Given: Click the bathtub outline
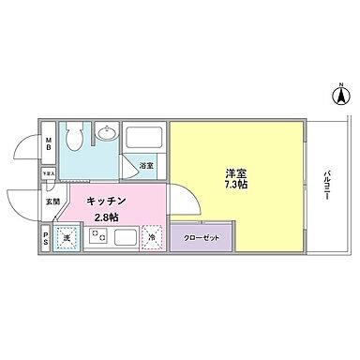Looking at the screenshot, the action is (x=145, y=142).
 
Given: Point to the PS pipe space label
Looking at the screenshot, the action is (x=46, y=238).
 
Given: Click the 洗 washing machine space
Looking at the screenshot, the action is (x=67, y=238).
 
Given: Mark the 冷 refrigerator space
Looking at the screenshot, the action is (x=152, y=238).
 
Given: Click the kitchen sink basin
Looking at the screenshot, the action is (x=124, y=238).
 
